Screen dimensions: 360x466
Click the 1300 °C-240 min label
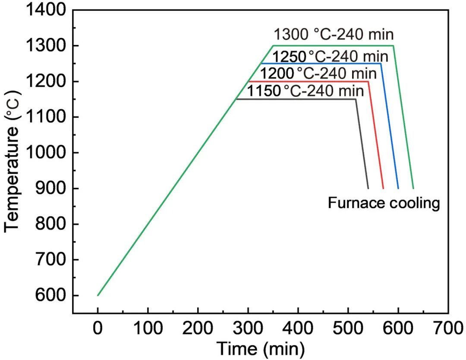point(334,34)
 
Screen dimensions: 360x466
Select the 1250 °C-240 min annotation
point(330,56)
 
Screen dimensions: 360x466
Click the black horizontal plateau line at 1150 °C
point(298,99)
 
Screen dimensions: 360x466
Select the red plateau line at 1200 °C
point(311,81)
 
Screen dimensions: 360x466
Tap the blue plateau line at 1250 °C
point(324,63)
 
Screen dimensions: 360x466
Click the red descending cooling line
point(376,138)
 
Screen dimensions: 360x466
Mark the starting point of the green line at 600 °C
point(98,295)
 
